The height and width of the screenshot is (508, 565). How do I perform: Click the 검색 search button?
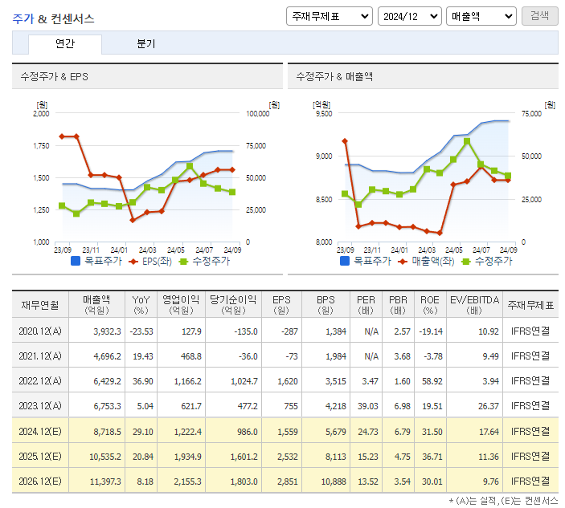(539, 16)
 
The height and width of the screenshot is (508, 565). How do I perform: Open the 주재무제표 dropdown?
(329, 16)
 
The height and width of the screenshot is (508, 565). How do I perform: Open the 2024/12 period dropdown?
(410, 16)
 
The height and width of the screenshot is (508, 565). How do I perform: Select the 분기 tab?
(146, 44)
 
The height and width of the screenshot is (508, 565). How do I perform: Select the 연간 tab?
(65, 44)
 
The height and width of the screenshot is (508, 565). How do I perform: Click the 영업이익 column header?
(182, 304)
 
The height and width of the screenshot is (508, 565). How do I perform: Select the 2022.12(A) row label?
(39, 381)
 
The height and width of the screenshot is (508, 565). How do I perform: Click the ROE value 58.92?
(432, 381)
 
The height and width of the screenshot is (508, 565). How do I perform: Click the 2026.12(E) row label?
(39, 482)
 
